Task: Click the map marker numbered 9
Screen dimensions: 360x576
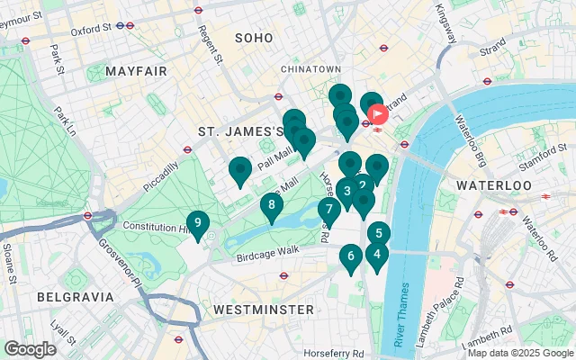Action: click(197, 223)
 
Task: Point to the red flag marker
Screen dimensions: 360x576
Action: click(377, 114)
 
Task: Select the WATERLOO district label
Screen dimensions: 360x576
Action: click(494, 184)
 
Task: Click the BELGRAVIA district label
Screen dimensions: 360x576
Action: click(76, 296)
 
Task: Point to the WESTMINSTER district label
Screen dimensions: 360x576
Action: click(263, 310)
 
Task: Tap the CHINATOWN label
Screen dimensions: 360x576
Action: click(310, 69)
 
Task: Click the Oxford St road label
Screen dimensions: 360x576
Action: click(90, 29)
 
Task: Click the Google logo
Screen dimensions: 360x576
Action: click(30, 349)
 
